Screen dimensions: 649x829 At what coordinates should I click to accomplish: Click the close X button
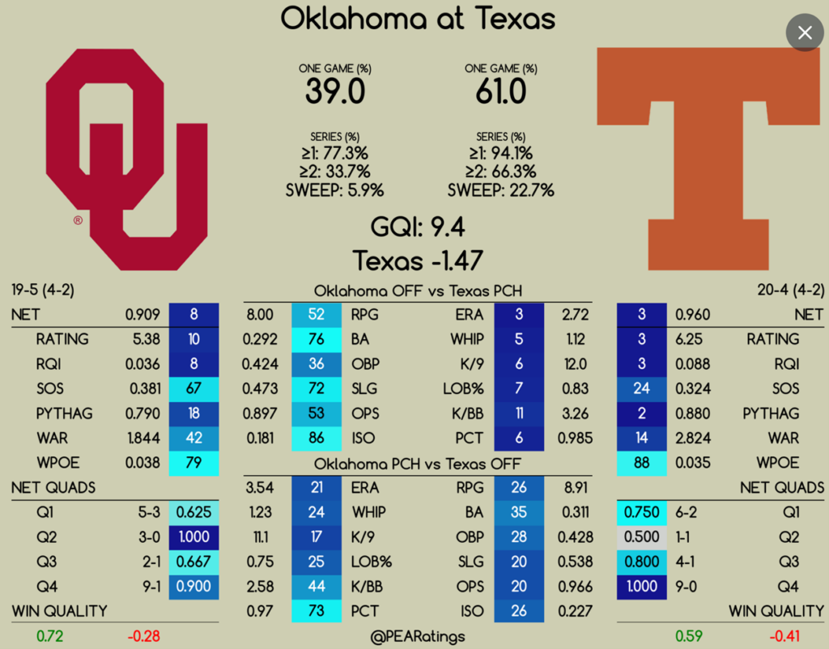pos(805,32)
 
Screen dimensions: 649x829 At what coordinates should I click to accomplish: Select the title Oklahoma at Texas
pos(418,19)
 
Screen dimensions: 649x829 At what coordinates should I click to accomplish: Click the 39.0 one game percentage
pos(335,91)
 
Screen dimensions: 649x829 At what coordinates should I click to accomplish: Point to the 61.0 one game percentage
pos(501,91)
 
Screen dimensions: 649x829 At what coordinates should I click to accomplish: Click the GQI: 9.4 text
pos(418,227)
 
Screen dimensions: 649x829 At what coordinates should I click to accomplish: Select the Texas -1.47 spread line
pos(418,261)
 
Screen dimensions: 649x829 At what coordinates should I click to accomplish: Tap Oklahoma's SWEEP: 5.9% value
pos(334,191)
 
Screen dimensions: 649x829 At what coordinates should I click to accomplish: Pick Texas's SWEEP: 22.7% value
pos(500,191)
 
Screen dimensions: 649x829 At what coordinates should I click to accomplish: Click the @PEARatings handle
pos(418,637)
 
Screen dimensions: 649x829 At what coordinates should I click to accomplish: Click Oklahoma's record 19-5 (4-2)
pos(44,290)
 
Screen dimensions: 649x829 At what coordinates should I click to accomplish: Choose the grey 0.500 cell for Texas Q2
pos(642,537)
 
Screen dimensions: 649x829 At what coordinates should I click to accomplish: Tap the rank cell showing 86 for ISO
pos(317,439)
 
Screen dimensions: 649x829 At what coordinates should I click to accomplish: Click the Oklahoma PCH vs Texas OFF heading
pos(418,464)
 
